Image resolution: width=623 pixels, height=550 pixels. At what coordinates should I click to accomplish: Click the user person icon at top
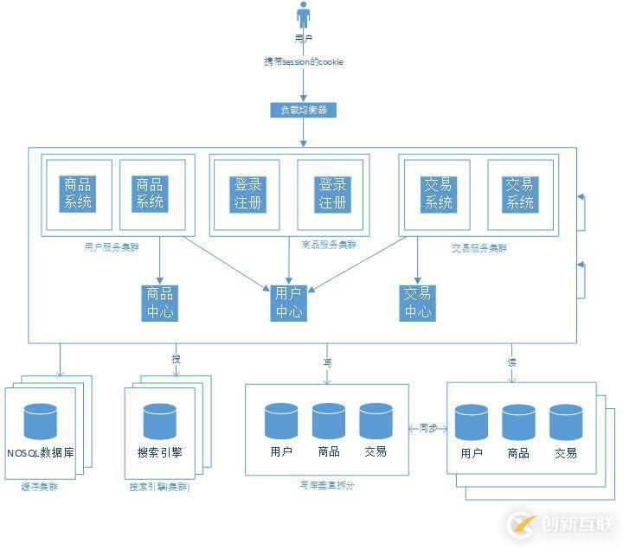[x=303, y=16]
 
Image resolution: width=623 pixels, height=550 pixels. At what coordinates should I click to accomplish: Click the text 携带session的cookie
[x=304, y=61]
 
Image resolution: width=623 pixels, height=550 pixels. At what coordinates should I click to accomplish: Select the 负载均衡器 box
[x=303, y=110]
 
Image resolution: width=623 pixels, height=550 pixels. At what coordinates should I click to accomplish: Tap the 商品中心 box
[x=160, y=302]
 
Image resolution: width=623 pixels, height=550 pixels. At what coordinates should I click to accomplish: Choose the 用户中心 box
[x=288, y=302]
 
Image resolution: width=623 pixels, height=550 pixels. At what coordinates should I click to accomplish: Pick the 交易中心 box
[x=417, y=302]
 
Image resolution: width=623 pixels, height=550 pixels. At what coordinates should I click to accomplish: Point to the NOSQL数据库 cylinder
[x=40, y=420]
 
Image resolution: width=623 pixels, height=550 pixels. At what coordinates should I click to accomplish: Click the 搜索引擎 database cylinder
[x=159, y=420]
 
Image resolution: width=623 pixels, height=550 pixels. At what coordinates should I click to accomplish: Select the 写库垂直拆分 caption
[x=326, y=485]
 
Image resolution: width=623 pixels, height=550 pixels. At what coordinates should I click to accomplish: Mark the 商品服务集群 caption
[x=326, y=245]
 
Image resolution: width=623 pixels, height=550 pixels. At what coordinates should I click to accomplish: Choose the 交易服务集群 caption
[x=479, y=247]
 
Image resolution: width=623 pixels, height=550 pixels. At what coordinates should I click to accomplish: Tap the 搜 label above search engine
[x=177, y=359]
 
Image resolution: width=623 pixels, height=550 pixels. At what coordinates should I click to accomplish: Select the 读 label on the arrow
[x=511, y=361]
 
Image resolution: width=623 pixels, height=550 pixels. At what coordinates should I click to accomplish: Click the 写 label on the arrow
[x=328, y=362]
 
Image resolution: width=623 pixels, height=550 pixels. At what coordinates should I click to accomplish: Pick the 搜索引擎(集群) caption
[x=159, y=487]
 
